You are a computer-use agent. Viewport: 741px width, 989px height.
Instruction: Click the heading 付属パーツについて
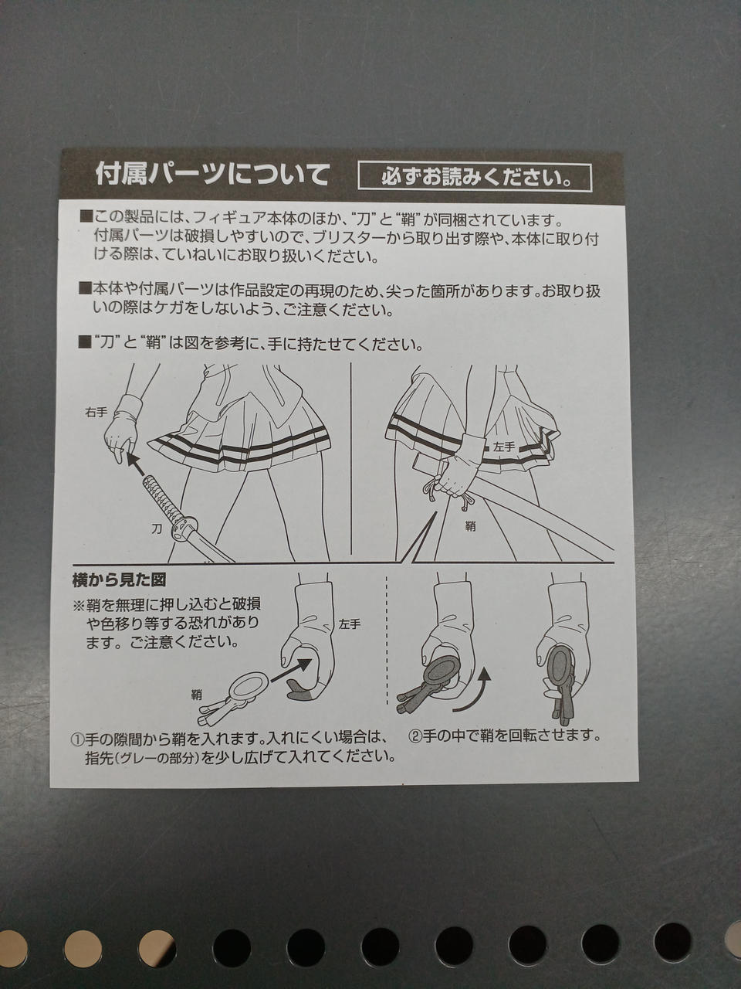tap(212, 175)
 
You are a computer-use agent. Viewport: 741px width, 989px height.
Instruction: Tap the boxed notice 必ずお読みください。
tap(475, 177)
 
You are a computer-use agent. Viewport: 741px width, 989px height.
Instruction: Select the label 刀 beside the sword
tap(156, 528)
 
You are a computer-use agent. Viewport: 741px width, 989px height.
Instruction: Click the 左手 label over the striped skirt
tap(503, 447)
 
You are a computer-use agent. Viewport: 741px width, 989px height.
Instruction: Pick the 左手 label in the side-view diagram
tap(350, 624)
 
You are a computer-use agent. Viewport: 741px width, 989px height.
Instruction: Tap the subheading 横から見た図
tap(119, 580)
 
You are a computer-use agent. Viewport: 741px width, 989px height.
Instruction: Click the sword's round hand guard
tap(184, 529)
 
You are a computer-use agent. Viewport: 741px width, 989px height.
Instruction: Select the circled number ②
tap(414, 736)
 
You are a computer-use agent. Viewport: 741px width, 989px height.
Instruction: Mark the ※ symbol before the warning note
tap(80, 605)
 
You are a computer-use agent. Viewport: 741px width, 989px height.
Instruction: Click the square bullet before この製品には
tap(85, 218)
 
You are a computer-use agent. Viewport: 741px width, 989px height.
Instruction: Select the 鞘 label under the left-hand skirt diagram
tap(471, 526)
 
